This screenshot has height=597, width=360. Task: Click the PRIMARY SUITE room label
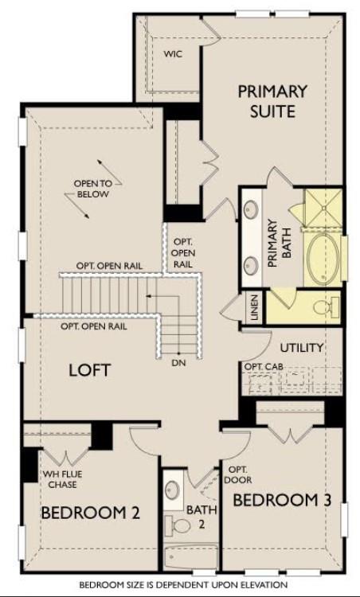pyautogui.click(x=267, y=100)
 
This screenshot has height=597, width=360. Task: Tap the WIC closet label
pyautogui.click(x=174, y=54)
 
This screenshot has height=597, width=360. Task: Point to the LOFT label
pyautogui.click(x=89, y=370)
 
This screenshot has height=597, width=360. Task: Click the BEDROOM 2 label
pyautogui.click(x=90, y=513)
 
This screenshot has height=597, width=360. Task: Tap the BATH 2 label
pyautogui.click(x=197, y=517)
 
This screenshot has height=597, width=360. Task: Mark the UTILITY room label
pyautogui.click(x=302, y=348)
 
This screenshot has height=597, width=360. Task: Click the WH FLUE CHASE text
pyautogui.click(x=62, y=480)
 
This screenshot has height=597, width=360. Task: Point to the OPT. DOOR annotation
pyautogui.click(x=240, y=475)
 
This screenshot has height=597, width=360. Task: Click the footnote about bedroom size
pyautogui.click(x=180, y=584)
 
